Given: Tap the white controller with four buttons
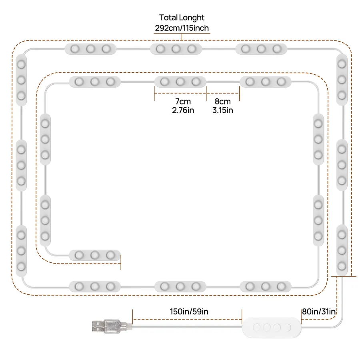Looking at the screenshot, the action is [272, 327].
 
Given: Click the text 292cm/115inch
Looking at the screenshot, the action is [182, 28].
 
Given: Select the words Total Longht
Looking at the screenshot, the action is [182, 18].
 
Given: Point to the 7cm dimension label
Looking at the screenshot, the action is [183, 101].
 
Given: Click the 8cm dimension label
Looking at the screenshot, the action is [223, 101].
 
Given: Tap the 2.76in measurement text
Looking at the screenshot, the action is [183, 110].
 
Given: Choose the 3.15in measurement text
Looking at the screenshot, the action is [223, 110].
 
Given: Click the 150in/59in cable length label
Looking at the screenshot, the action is [189, 312].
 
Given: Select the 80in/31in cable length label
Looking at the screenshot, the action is [319, 312].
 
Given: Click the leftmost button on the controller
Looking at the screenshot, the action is [256, 327].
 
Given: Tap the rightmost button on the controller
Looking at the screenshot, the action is [287, 327].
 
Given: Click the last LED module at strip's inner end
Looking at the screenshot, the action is [95, 255].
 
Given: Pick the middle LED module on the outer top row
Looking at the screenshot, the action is [176, 49].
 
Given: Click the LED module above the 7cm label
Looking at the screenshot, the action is [180, 82].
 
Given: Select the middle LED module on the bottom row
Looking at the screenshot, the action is [180, 286].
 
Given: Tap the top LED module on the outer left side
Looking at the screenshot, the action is [21, 80].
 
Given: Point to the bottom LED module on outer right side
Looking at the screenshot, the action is [342, 250].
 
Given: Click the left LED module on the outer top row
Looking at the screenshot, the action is [90, 49].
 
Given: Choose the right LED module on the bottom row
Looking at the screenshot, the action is [266, 286].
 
